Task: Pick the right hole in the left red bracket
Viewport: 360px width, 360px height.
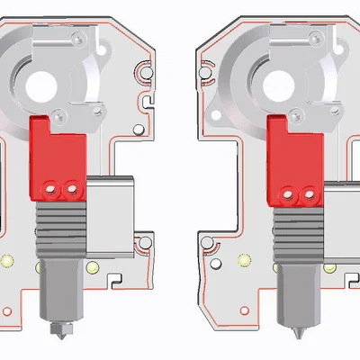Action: point(70,190)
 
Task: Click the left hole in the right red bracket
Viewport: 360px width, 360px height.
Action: point(290,193)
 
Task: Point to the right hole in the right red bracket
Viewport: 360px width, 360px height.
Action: point(309,193)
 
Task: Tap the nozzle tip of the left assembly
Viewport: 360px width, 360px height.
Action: point(61,331)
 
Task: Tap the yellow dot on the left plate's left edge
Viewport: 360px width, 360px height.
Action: point(7,261)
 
